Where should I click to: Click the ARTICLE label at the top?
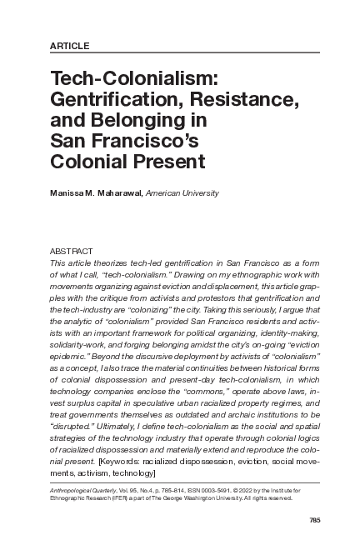(70, 44)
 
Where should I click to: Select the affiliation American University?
(182, 193)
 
